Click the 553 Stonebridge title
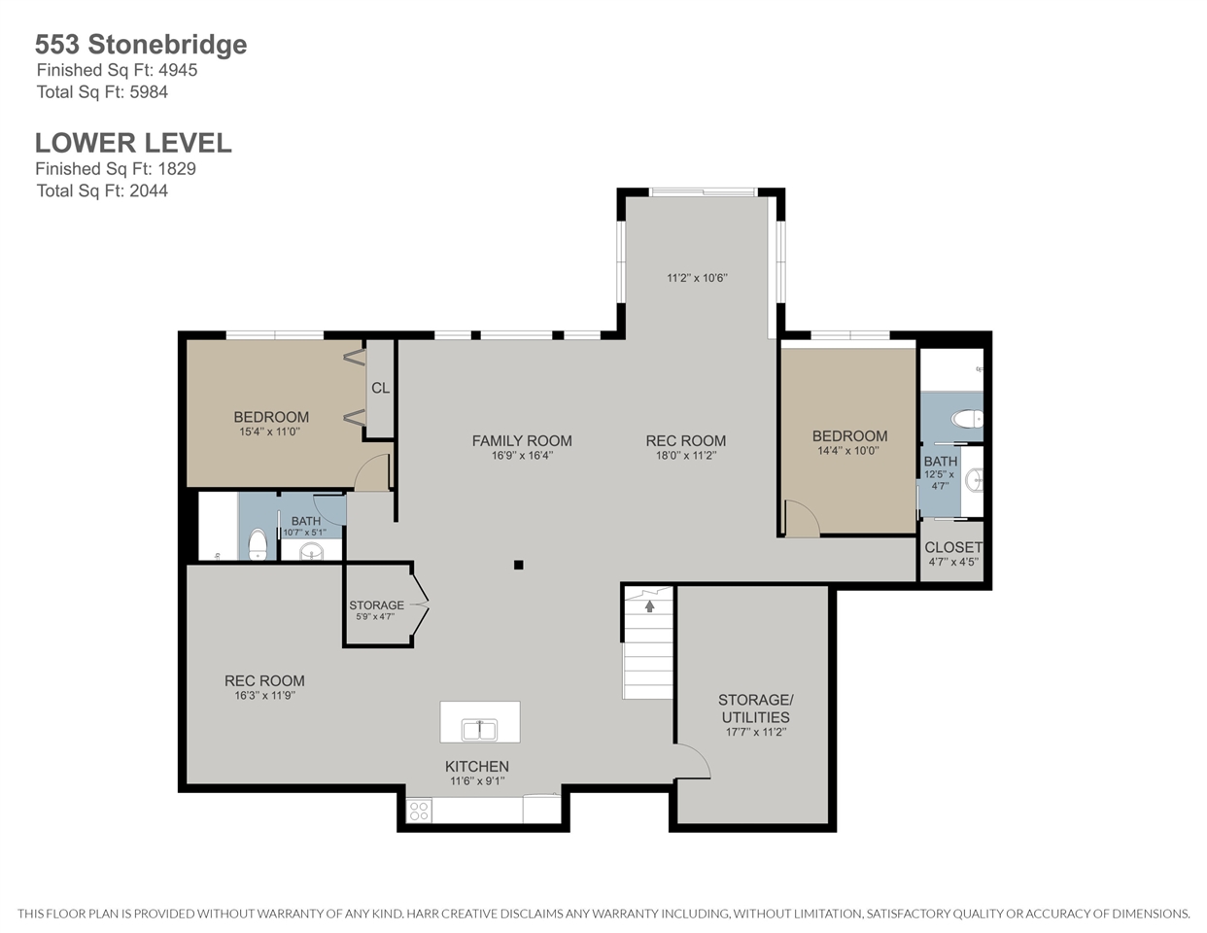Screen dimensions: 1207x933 point(141,45)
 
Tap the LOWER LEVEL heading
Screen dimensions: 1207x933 point(133,143)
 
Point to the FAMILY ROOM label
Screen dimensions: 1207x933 point(522,441)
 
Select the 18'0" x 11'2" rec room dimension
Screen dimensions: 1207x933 point(685,456)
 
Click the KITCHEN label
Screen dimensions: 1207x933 point(476,767)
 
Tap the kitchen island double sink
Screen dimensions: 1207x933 point(480,729)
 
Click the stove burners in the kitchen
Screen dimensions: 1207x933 point(420,811)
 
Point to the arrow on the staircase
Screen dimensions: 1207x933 point(649,605)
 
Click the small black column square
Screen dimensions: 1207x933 point(518,565)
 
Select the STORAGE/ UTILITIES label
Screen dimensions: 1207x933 point(755,708)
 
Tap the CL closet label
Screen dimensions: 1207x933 point(380,388)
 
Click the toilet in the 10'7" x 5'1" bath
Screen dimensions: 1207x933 point(258,545)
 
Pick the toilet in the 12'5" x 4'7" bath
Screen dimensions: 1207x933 point(967,419)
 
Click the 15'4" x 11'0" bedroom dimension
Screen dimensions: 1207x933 point(270,432)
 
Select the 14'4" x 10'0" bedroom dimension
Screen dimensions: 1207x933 point(848,450)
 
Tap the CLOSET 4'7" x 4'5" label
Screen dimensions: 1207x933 point(953,554)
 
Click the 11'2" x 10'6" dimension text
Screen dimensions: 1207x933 point(697,278)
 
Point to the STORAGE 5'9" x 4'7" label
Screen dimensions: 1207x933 point(377,609)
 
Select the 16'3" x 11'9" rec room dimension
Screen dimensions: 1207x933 point(264,695)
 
